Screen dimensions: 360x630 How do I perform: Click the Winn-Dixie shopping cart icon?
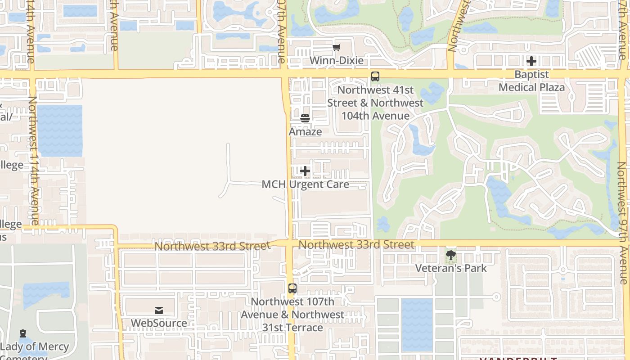pyautogui.click(x=337, y=48)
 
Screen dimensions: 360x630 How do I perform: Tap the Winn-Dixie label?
pyautogui.click(x=337, y=60)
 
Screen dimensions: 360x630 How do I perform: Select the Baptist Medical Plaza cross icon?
pyautogui.click(x=531, y=61)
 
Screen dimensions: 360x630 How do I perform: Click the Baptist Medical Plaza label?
pyautogui.click(x=531, y=81)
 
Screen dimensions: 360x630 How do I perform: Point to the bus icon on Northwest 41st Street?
pyautogui.click(x=375, y=76)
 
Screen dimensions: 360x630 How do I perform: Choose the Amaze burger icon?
pyautogui.click(x=305, y=118)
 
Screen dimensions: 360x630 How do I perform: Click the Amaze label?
pyautogui.click(x=305, y=131)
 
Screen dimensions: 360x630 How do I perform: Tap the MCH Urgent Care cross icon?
pyautogui.click(x=305, y=171)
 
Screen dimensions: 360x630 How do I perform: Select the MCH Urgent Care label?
pyautogui.click(x=305, y=184)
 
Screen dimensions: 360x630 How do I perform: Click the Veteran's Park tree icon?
pyautogui.click(x=450, y=255)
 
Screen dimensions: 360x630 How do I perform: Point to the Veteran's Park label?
pyautogui.click(x=450, y=268)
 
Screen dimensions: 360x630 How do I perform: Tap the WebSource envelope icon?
pyautogui.click(x=159, y=310)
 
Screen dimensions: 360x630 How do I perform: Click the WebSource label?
pyautogui.click(x=159, y=323)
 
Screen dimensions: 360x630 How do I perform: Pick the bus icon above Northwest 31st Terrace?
pyautogui.click(x=292, y=288)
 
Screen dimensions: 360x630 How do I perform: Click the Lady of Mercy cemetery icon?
pyautogui.click(x=23, y=334)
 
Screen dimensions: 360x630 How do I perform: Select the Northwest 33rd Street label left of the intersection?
pyautogui.click(x=212, y=246)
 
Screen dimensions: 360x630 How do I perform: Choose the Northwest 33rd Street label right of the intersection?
pyautogui.click(x=356, y=245)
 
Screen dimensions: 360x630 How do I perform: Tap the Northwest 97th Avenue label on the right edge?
pyautogui.click(x=622, y=223)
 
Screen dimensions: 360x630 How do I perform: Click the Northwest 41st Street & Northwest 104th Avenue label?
pyautogui.click(x=375, y=103)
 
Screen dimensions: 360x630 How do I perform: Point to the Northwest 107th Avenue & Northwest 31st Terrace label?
pyautogui.click(x=292, y=315)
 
